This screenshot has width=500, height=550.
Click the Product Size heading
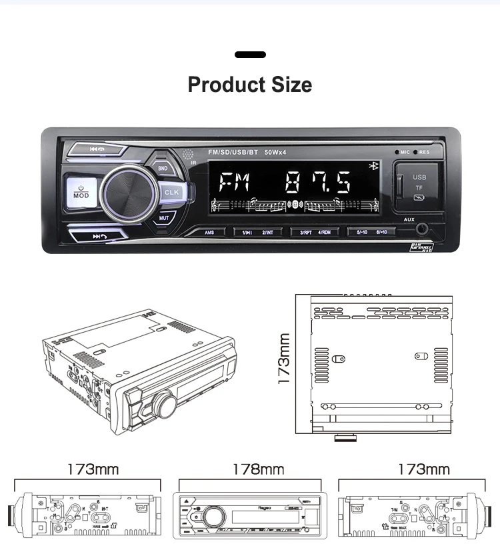point(250,85)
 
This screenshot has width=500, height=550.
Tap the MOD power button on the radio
point(81,192)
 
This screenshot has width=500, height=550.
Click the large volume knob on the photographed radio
point(129,193)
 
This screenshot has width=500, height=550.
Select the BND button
point(163,169)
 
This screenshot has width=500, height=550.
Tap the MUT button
point(163,217)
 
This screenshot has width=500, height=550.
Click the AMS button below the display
point(209,232)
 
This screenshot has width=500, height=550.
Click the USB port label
point(419,177)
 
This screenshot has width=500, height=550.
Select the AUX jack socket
point(422,231)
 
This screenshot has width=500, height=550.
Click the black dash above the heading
point(250,55)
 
